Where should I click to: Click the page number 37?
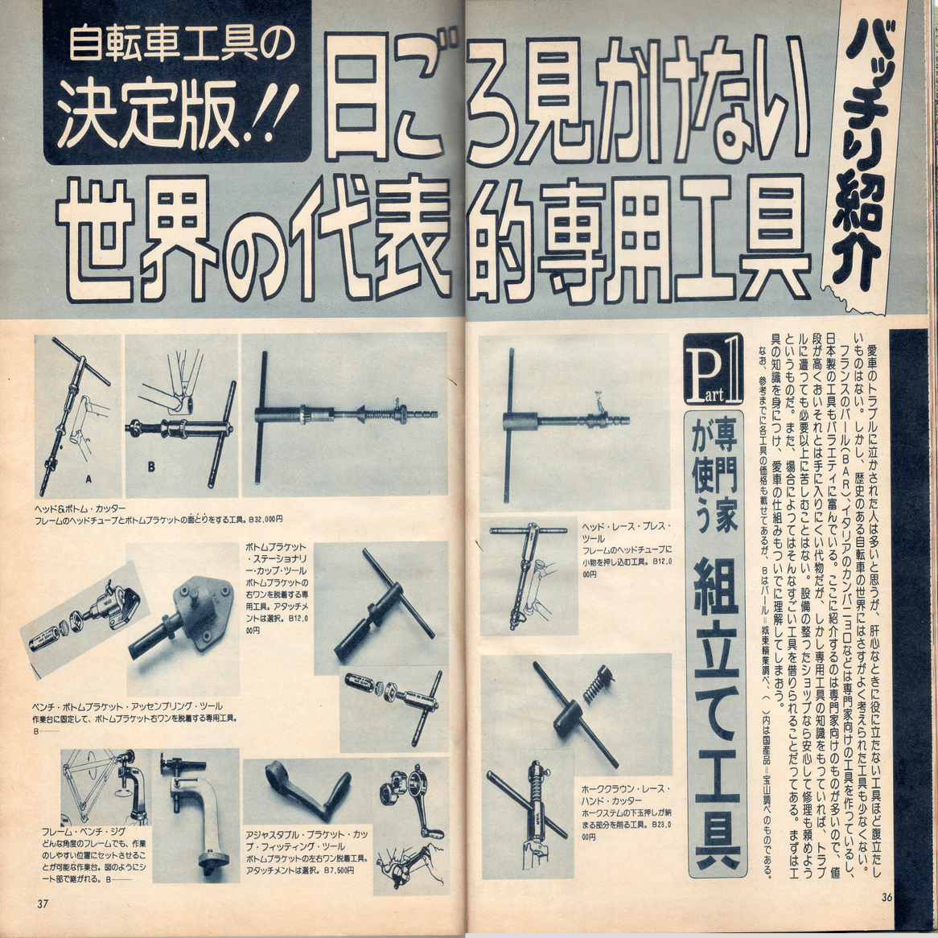[x=43, y=903]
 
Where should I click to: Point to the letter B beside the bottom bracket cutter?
[x=150, y=466]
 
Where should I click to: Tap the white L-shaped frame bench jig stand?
[x=196, y=821]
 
